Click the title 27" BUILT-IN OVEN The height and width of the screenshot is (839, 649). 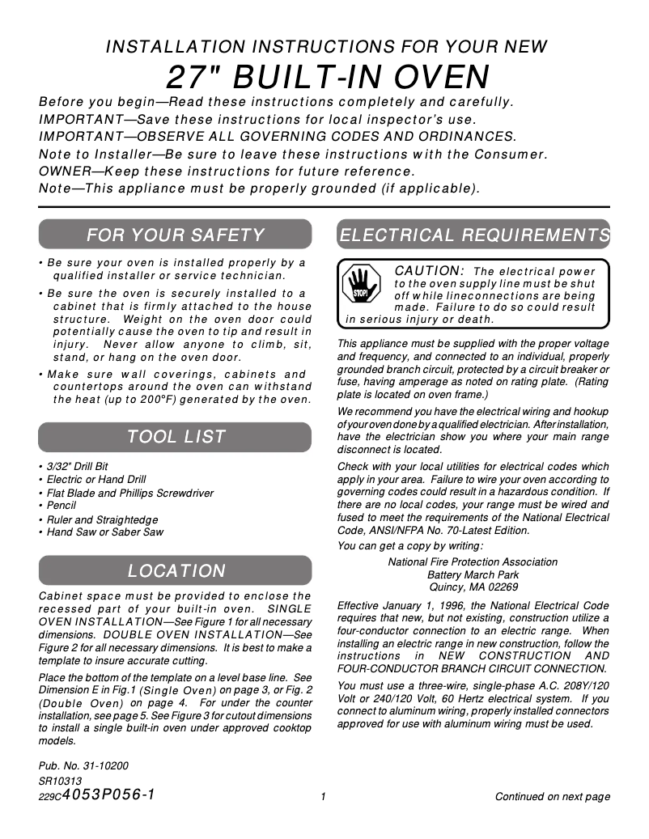click(328, 78)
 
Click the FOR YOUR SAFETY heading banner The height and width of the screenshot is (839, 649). click(175, 235)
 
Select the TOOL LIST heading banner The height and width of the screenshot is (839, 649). click(175, 437)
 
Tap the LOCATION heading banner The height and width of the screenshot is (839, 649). click(175, 571)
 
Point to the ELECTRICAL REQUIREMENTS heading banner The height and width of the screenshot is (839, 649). click(473, 235)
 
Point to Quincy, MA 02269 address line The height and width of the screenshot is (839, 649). click(473, 587)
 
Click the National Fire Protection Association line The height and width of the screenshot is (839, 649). click(473, 561)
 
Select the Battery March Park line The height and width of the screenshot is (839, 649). click(473, 574)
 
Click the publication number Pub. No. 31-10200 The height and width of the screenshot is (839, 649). click(83, 765)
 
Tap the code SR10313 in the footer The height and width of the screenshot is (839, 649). click(60, 781)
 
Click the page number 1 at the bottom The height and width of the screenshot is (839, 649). click(323, 797)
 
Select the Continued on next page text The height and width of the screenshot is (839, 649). click(552, 797)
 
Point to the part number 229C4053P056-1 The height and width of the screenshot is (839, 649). click(97, 795)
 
